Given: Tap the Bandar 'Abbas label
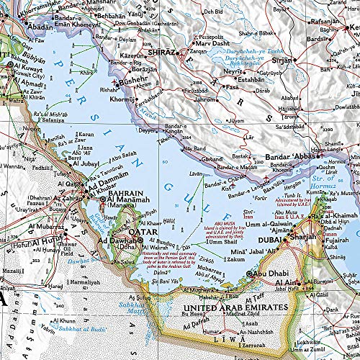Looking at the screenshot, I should tap(291, 159).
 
